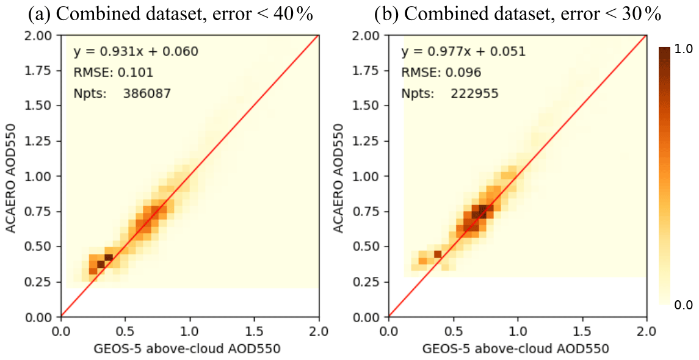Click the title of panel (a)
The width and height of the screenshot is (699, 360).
[170, 15]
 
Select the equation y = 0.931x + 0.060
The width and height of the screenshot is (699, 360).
[136, 51]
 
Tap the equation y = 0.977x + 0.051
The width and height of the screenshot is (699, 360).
[463, 51]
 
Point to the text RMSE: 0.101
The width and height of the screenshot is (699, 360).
[114, 73]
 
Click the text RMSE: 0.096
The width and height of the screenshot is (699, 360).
[441, 73]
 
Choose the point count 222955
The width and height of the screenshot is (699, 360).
[474, 94]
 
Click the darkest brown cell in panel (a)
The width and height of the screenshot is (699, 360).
[101, 264]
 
